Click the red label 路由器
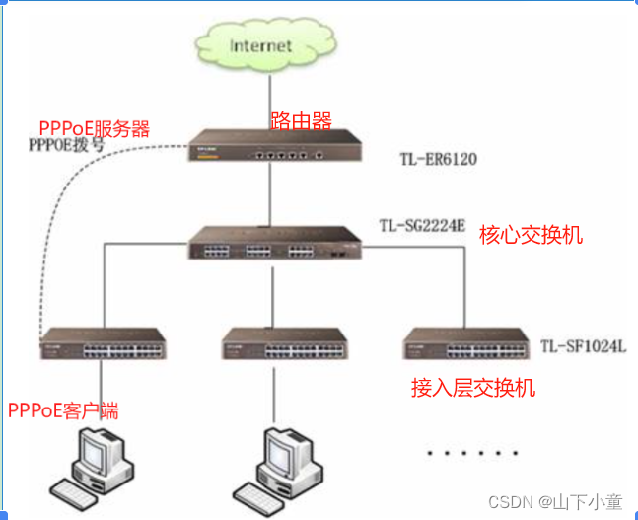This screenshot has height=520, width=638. point(301,121)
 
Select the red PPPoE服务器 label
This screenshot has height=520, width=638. point(95,128)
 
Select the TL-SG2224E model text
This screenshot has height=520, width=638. point(422,225)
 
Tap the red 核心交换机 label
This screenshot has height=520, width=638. point(531,235)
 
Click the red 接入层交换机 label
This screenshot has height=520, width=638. point(473,388)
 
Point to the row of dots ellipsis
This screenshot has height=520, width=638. point(471,453)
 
